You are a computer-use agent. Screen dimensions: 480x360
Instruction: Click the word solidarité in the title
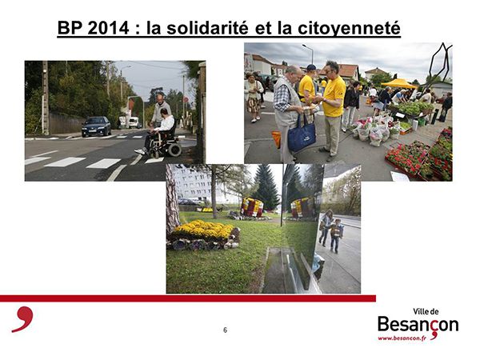pos(207,27)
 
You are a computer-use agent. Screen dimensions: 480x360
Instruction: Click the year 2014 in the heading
pos(109,28)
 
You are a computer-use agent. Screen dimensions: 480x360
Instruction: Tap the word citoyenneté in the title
pos(349,29)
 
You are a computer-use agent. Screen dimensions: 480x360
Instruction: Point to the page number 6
pos(226,330)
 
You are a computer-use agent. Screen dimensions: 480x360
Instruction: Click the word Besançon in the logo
pos(418,325)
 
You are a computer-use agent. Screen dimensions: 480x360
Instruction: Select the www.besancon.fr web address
pos(402,338)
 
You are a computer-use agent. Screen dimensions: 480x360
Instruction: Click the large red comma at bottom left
pos(23,319)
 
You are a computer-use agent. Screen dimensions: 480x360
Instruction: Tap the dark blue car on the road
pos(96,126)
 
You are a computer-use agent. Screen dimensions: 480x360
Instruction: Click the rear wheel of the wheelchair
pos(174,150)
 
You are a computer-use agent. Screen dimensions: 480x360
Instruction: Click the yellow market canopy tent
pos(399,83)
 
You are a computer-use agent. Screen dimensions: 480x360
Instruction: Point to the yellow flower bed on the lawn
pos(203,230)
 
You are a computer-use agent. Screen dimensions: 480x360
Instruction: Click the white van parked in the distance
pos(134,122)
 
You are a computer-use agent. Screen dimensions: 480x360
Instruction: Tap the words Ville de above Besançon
pos(426,312)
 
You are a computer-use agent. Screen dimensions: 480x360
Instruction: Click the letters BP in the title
pos(70,28)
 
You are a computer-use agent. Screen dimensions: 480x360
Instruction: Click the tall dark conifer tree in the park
pos(266,186)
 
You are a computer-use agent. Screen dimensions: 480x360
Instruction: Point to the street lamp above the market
pos(309,54)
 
